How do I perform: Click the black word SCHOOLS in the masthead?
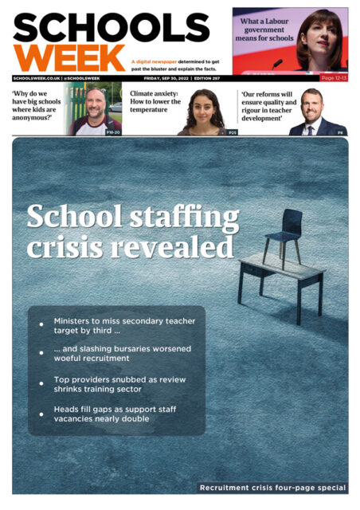(111, 28)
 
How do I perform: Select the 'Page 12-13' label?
(333, 78)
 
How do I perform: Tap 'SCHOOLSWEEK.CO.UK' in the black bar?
(35, 78)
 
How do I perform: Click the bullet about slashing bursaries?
(122, 354)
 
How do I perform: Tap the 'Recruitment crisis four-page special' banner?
(272, 487)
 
